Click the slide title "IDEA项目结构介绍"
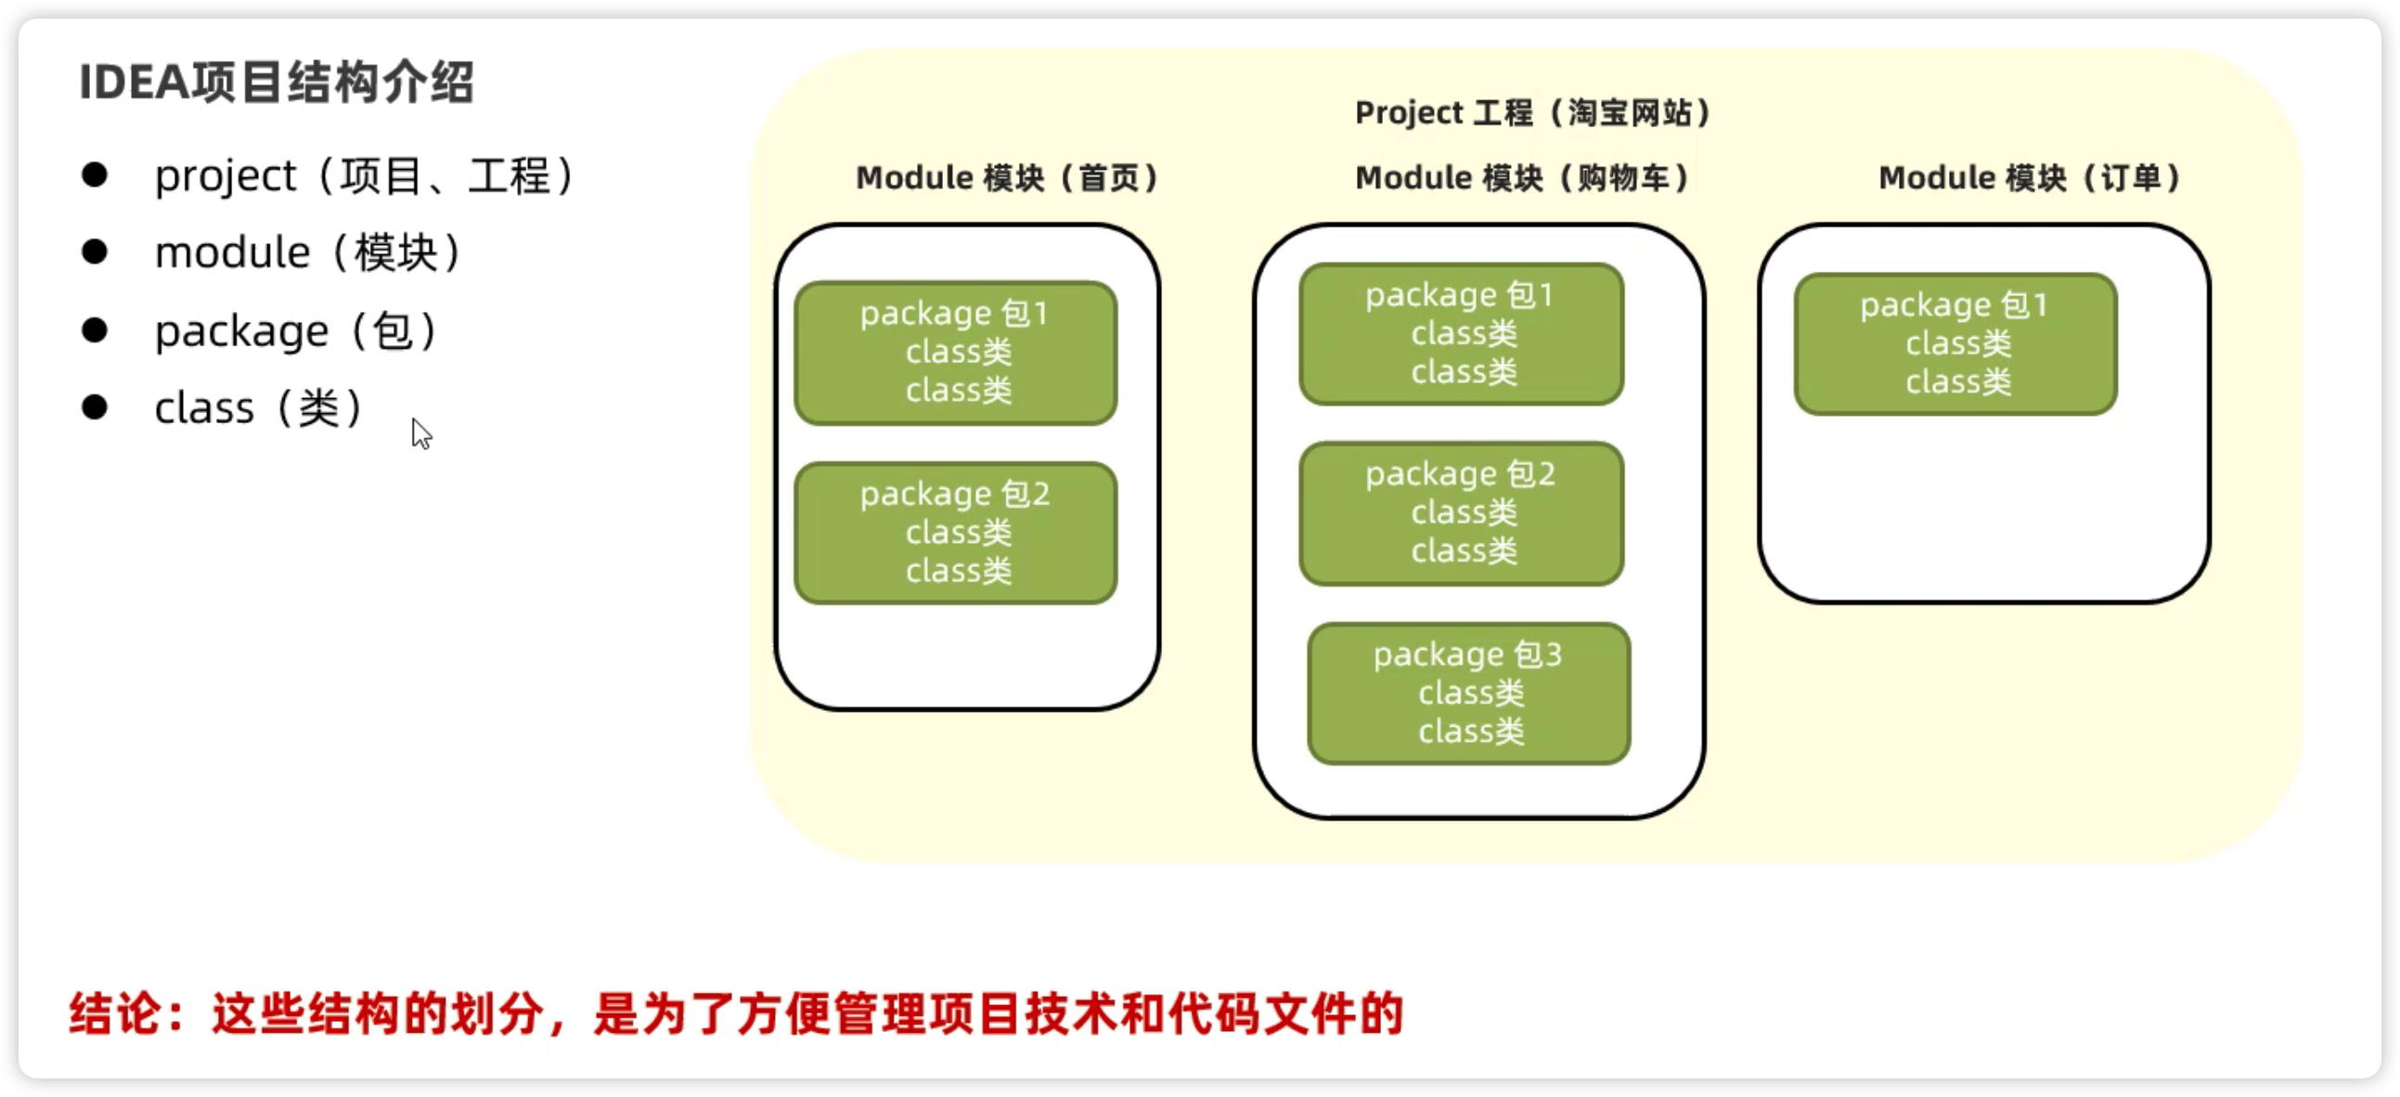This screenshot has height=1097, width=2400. (x=277, y=83)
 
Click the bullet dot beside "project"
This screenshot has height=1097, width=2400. (x=94, y=174)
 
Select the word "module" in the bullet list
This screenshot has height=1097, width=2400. (x=232, y=252)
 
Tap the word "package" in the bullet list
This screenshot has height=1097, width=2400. (x=241, y=332)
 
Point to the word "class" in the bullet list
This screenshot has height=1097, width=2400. (x=204, y=408)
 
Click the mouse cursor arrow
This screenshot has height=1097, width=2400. (x=420, y=432)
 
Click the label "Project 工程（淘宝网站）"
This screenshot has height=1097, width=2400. (x=1532, y=113)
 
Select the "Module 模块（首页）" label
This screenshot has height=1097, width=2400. (x=1007, y=178)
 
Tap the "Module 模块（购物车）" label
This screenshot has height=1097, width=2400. (x=1522, y=178)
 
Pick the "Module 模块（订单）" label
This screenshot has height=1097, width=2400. (x=2029, y=178)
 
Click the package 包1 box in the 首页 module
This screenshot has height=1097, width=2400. (x=955, y=353)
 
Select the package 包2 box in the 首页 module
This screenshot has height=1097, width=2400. (x=955, y=533)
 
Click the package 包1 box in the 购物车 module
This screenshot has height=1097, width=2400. (x=1461, y=334)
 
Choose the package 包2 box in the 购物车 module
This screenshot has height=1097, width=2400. (x=1461, y=513)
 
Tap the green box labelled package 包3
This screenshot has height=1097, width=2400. (x=1468, y=693)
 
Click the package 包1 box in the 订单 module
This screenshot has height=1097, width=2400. (x=1955, y=344)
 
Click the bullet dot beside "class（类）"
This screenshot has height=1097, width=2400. (x=94, y=407)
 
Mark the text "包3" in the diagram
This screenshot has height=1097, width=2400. (x=1537, y=655)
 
